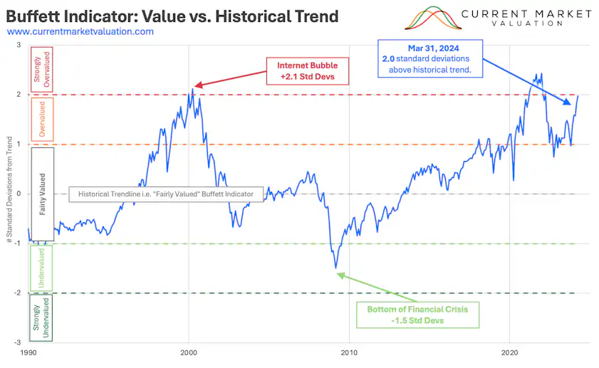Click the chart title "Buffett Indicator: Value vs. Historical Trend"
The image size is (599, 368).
pyautogui.click(x=171, y=15)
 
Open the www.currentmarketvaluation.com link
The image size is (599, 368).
pyautogui.click(x=80, y=31)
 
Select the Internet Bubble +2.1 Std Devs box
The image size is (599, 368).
pyautogui.click(x=306, y=70)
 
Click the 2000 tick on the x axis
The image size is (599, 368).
pyautogui.click(x=189, y=352)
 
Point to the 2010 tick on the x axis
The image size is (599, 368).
pyautogui.click(x=349, y=352)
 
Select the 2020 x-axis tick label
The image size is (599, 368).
pyautogui.click(x=509, y=352)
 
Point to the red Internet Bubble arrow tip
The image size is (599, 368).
pyautogui.click(x=194, y=87)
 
